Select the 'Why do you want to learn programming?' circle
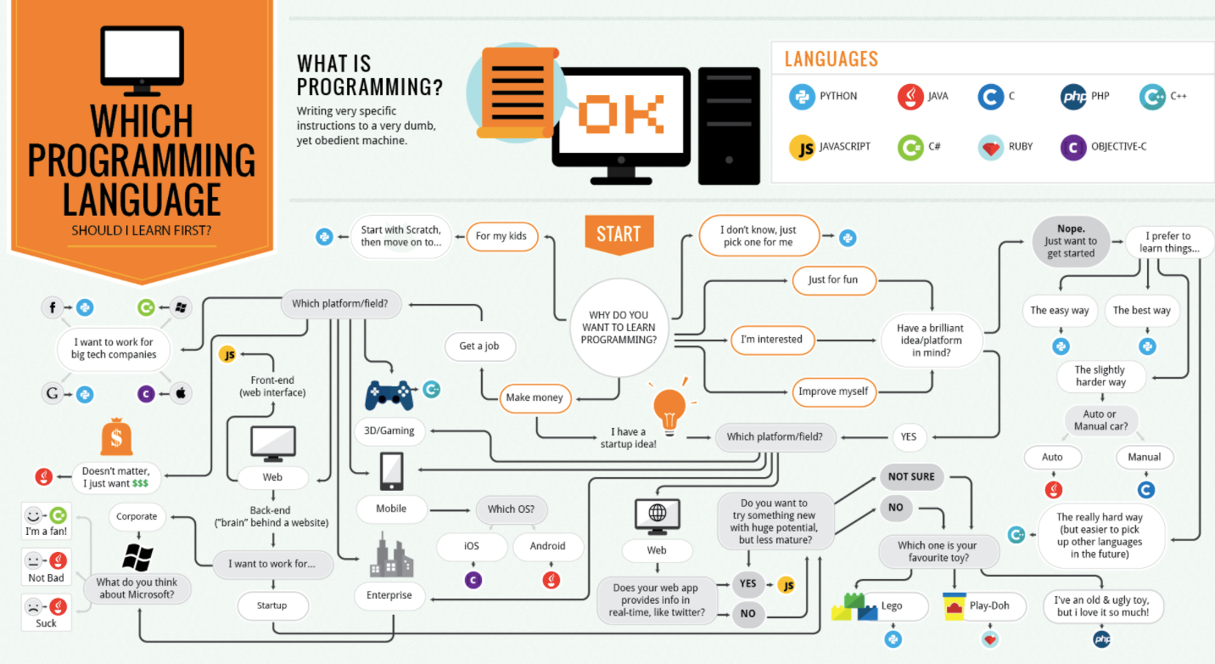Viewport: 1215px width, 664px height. pos(618,328)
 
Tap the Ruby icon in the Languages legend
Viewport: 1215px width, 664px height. pos(990,147)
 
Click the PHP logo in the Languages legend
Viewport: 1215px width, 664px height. pos(1073,97)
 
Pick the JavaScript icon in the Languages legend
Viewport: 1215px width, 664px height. pos(802,147)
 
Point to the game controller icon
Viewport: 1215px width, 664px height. pos(389,394)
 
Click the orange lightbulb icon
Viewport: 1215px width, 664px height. pos(669,408)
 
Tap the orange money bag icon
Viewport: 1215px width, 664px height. pos(116,439)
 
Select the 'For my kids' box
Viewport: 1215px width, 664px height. pos(501,236)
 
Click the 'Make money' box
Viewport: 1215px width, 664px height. pos(535,397)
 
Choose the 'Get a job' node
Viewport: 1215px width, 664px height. pos(480,346)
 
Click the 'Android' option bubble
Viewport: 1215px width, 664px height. pos(547,546)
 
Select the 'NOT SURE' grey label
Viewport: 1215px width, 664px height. pos(911,476)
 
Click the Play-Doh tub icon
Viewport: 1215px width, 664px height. pos(955,606)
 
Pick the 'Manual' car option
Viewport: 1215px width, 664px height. pos(1144,457)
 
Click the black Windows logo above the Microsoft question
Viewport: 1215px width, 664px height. pos(137,556)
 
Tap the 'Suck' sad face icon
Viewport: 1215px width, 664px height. pos(34,606)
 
